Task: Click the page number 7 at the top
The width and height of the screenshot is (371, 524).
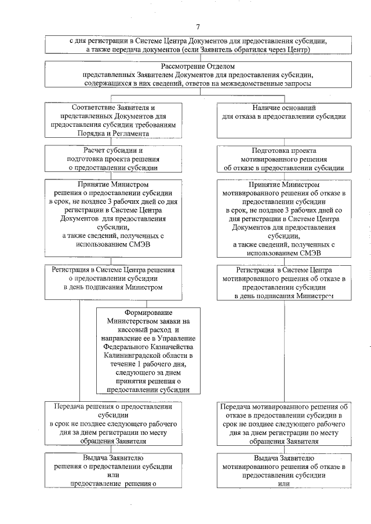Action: tap(198, 27)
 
